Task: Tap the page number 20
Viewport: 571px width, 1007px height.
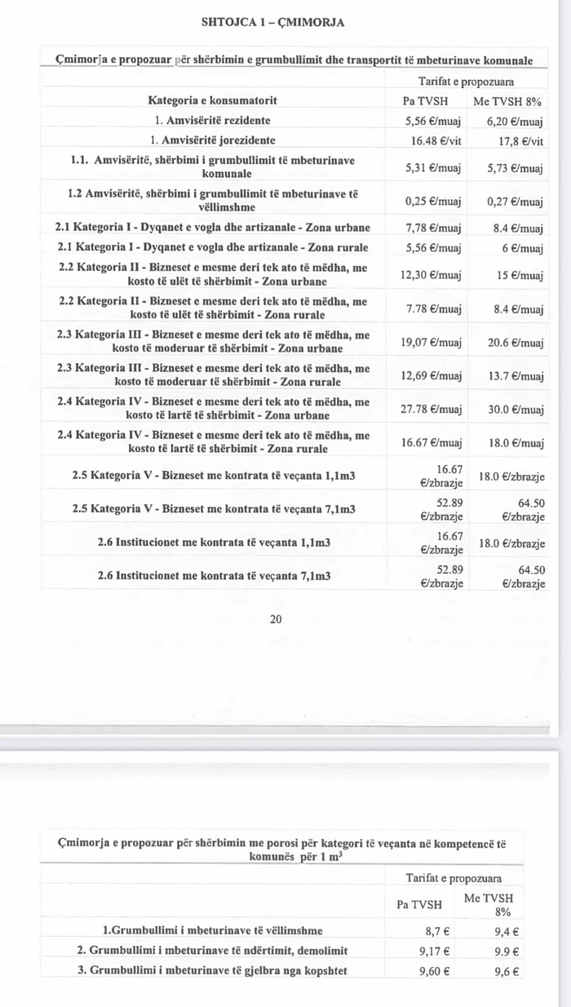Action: [276, 619]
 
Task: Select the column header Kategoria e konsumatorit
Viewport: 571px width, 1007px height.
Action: [212, 101]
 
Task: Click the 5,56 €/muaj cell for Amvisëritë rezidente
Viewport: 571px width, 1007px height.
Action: [433, 121]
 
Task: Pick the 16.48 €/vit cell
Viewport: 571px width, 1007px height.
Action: [433, 140]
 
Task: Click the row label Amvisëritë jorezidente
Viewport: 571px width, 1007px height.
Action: [215, 140]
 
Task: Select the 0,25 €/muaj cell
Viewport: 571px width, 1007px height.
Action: [433, 201]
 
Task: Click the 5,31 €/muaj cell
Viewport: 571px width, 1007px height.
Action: [433, 167]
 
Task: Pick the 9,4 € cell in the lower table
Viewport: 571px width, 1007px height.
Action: [508, 930]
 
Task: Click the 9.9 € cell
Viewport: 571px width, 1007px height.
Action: [508, 951]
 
